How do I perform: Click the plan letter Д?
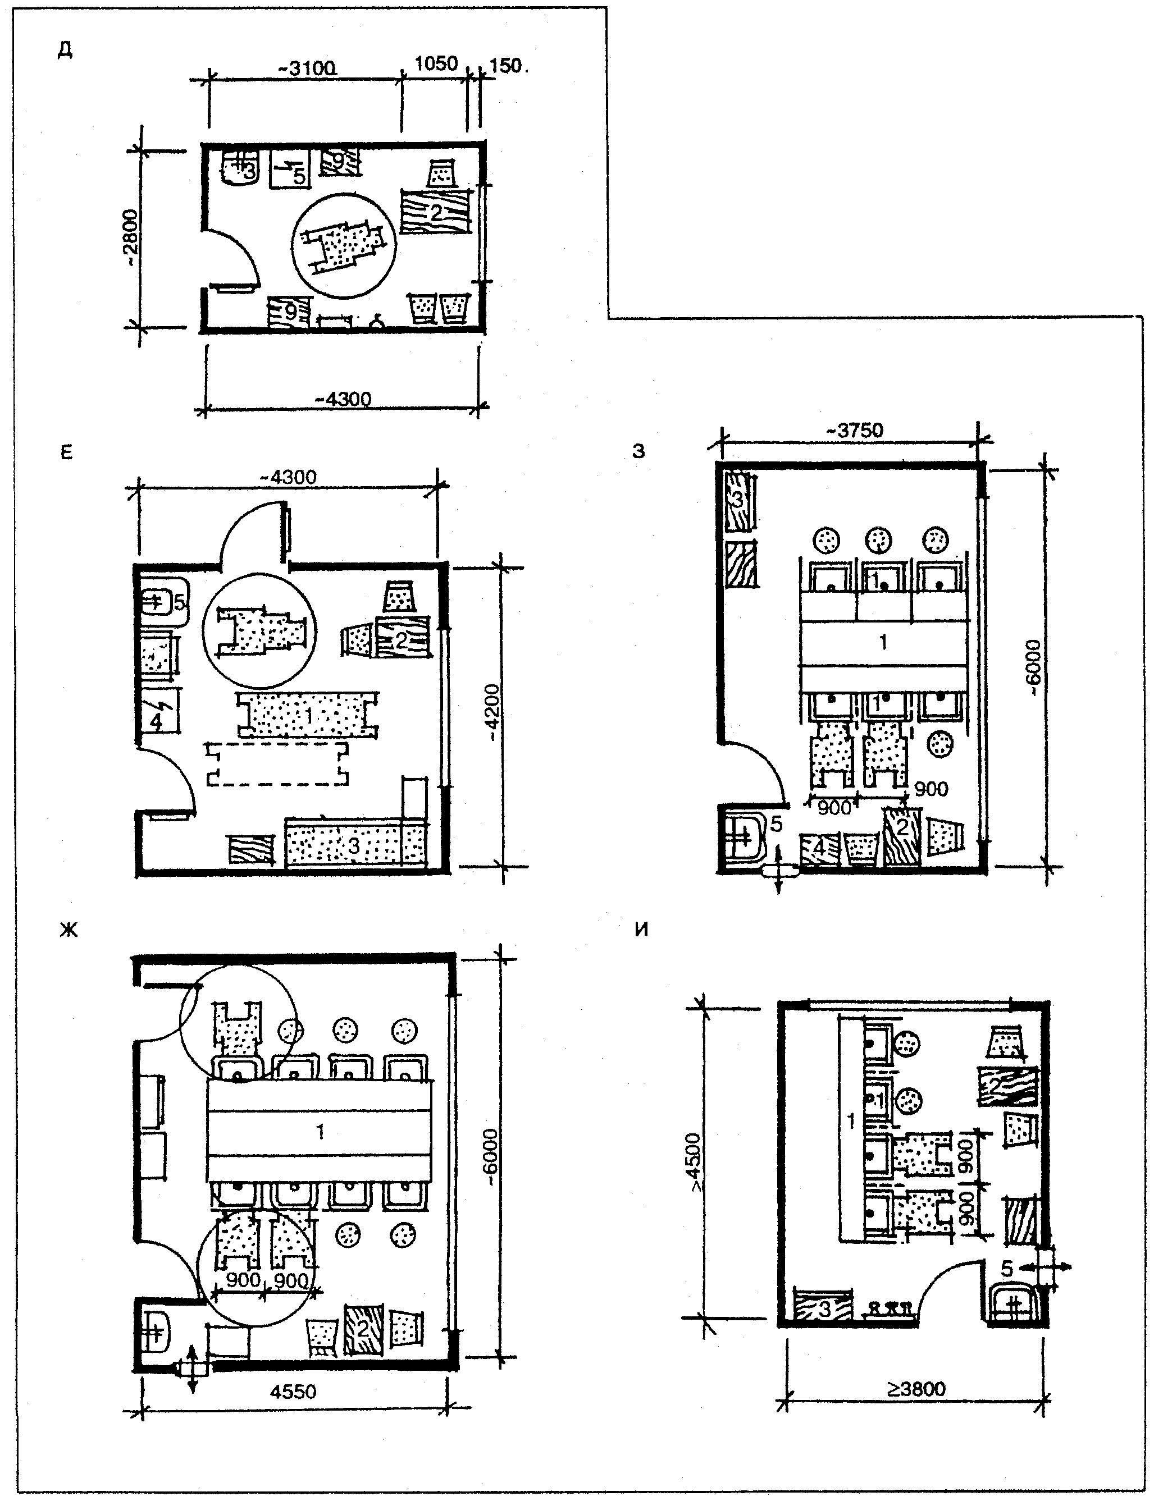(65, 52)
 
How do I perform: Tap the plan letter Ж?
(69, 930)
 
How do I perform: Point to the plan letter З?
(639, 451)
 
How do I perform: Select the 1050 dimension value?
(436, 64)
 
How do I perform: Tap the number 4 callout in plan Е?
(156, 722)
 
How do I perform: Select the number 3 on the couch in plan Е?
(353, 845)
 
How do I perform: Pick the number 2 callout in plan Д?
(437, 213)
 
